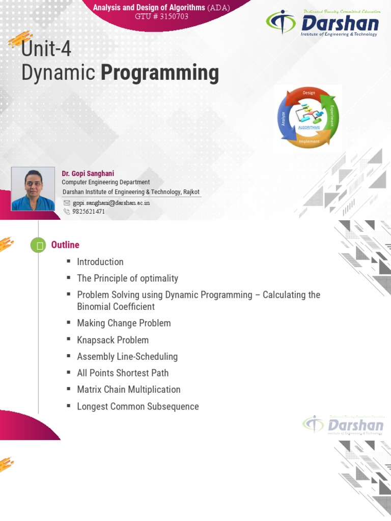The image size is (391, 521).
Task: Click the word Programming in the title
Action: (x=160, y=73)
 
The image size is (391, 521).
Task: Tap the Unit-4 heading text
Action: (x=46, y=50)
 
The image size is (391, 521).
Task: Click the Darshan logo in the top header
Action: (x=323, y=23)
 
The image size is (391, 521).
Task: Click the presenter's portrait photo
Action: (x=33, y=189)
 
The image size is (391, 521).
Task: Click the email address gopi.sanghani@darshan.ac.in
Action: (x=111, y=202)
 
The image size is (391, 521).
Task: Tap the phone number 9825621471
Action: (x=89, y=212)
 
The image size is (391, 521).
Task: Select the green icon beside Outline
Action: (x=38, y=245)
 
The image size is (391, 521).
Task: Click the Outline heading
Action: (x=65, y=245)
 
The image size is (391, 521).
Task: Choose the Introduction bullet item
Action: (x=100, y=262)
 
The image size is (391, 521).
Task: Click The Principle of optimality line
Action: (x=127, y=278)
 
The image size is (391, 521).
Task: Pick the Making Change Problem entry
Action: (x=124, y=323)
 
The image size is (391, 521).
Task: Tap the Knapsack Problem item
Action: (x=113, y=340)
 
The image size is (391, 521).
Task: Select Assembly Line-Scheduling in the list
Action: (x=127, y=357)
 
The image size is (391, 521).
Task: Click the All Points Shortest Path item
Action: (x=123, y=373)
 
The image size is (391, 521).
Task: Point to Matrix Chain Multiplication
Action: (x=128, y=390)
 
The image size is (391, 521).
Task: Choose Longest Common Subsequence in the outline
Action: (x=137, y=407)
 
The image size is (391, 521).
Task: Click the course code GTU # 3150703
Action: (x=161, y=16)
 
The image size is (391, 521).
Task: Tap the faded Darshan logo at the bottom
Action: (x=343, y=424)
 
